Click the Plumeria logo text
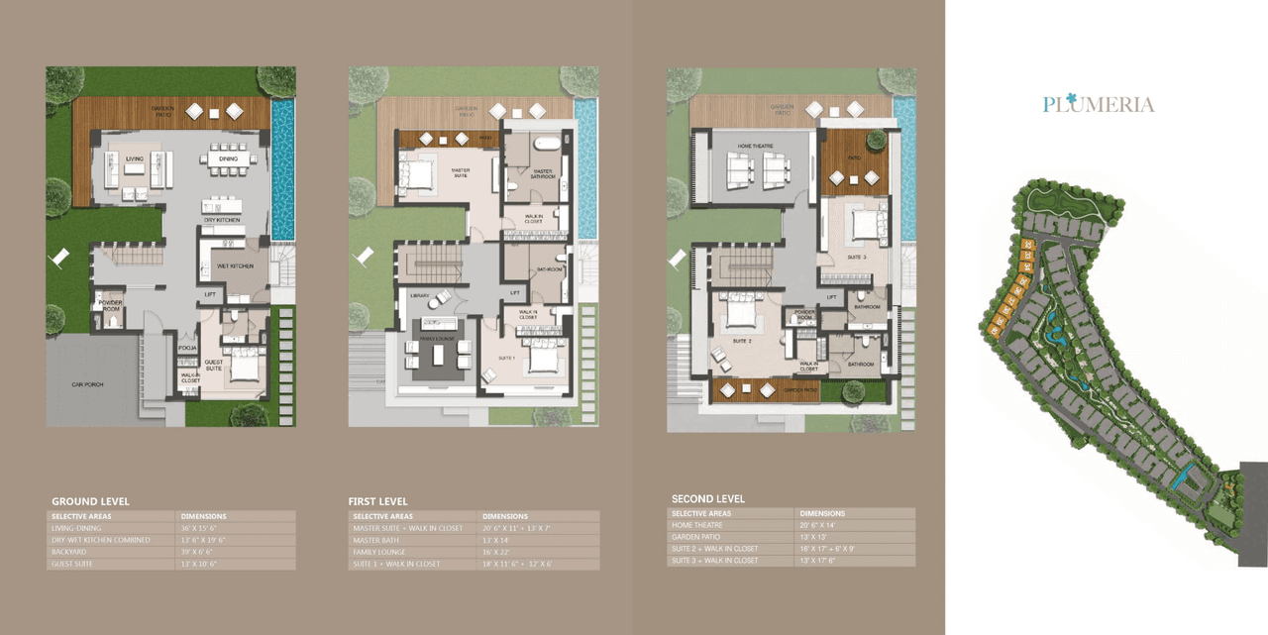tap(1099, 104)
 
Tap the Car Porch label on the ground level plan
tap(87, 384)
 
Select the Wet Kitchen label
tap(235, 265)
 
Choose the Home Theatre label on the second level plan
tap(754, 148)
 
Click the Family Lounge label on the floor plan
tap(436, 339)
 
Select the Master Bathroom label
tap(542, 173)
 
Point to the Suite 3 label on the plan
tap(857, 259)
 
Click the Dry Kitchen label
tap(223, 220)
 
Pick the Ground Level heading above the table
tap(90, 501)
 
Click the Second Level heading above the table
tap(708, 498)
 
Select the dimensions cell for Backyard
tap(198, 552)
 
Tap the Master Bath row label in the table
tap(376, 540)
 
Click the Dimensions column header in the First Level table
tap(505, 516)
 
